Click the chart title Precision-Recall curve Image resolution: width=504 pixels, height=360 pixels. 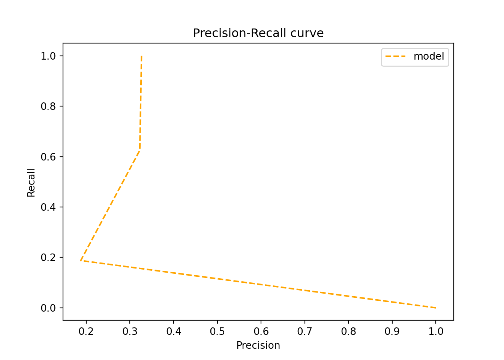click(x=258, y=33)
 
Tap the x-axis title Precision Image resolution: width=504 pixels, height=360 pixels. click(x=258, y=345)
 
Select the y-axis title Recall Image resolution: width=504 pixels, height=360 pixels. click(x=31, y=183)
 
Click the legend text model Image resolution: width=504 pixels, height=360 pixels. click(x=429, y=57)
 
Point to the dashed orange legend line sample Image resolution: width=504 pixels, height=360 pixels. click(x=396, y=57)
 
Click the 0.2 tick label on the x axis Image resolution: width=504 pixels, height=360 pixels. click(x=86, y=331)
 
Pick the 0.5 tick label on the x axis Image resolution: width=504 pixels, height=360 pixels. click(x=217, y=331)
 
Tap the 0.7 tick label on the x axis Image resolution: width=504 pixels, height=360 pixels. click(x=304, y=331)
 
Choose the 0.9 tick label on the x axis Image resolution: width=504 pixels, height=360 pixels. click(x=392, y=331)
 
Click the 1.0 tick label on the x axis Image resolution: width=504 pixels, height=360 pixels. click(x=436, y=331)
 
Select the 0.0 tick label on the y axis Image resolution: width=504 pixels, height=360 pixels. click(x=48, y=308)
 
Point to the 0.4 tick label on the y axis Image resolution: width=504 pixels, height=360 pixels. click(x=48, y=207)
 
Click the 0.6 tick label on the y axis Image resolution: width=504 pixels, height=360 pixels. click(x=48, y=157)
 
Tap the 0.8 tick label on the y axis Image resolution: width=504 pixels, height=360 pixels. click(x=48, y=106)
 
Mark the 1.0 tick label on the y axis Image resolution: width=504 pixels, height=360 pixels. click(x=48, y=56)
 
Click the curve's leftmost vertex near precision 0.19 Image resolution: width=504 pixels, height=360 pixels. click(x=81, y=261)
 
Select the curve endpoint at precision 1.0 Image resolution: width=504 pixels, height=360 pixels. click(x=436, y=308)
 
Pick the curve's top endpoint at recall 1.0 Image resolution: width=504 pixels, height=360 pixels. click(x=141, y=56)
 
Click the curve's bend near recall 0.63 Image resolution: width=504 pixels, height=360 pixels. click(x=140, y=149)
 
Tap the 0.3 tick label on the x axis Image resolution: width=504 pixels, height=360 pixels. click(x=130, y=331)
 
